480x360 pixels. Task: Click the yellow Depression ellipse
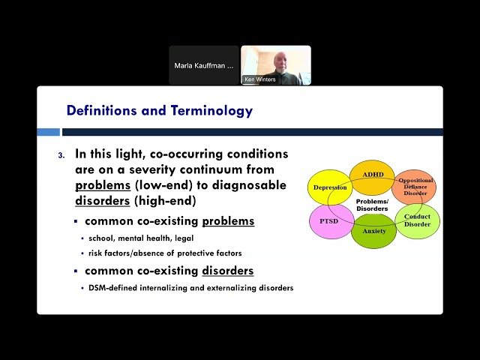point(328,187)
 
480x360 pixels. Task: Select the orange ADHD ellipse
point(373,174)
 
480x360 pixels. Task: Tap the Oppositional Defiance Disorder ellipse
point(415,186)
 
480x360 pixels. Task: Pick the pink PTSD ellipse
point(328,221)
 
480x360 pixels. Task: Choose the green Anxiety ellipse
point(373,232)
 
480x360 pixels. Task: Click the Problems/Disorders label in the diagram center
point(373,205)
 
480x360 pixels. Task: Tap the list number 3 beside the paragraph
point(62,155)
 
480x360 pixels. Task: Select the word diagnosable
point(250,185)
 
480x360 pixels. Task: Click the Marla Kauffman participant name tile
point(203,65)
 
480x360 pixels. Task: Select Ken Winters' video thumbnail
point(275,65)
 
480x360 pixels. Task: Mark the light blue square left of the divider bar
point(49,132)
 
